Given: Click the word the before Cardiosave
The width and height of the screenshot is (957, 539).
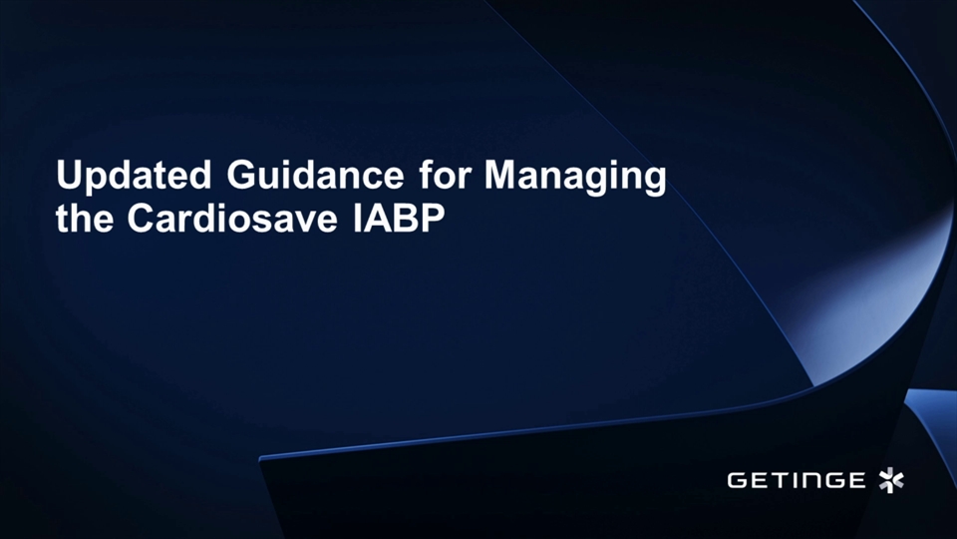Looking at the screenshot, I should click(x=85, y=220).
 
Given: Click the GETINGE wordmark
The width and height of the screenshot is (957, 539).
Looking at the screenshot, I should click(x=796, y=481).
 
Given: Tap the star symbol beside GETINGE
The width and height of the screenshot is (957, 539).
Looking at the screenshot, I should click(x=890, y=480).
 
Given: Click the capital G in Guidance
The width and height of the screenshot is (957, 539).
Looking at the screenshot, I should click(x=243, y=177).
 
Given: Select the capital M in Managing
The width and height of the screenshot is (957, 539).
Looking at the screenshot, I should click(x=500, y=177).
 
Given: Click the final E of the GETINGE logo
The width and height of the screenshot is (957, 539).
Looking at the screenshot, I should click(x=856, y=481).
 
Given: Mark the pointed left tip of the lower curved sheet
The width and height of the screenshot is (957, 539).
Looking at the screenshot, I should click(x=261, y=458).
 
